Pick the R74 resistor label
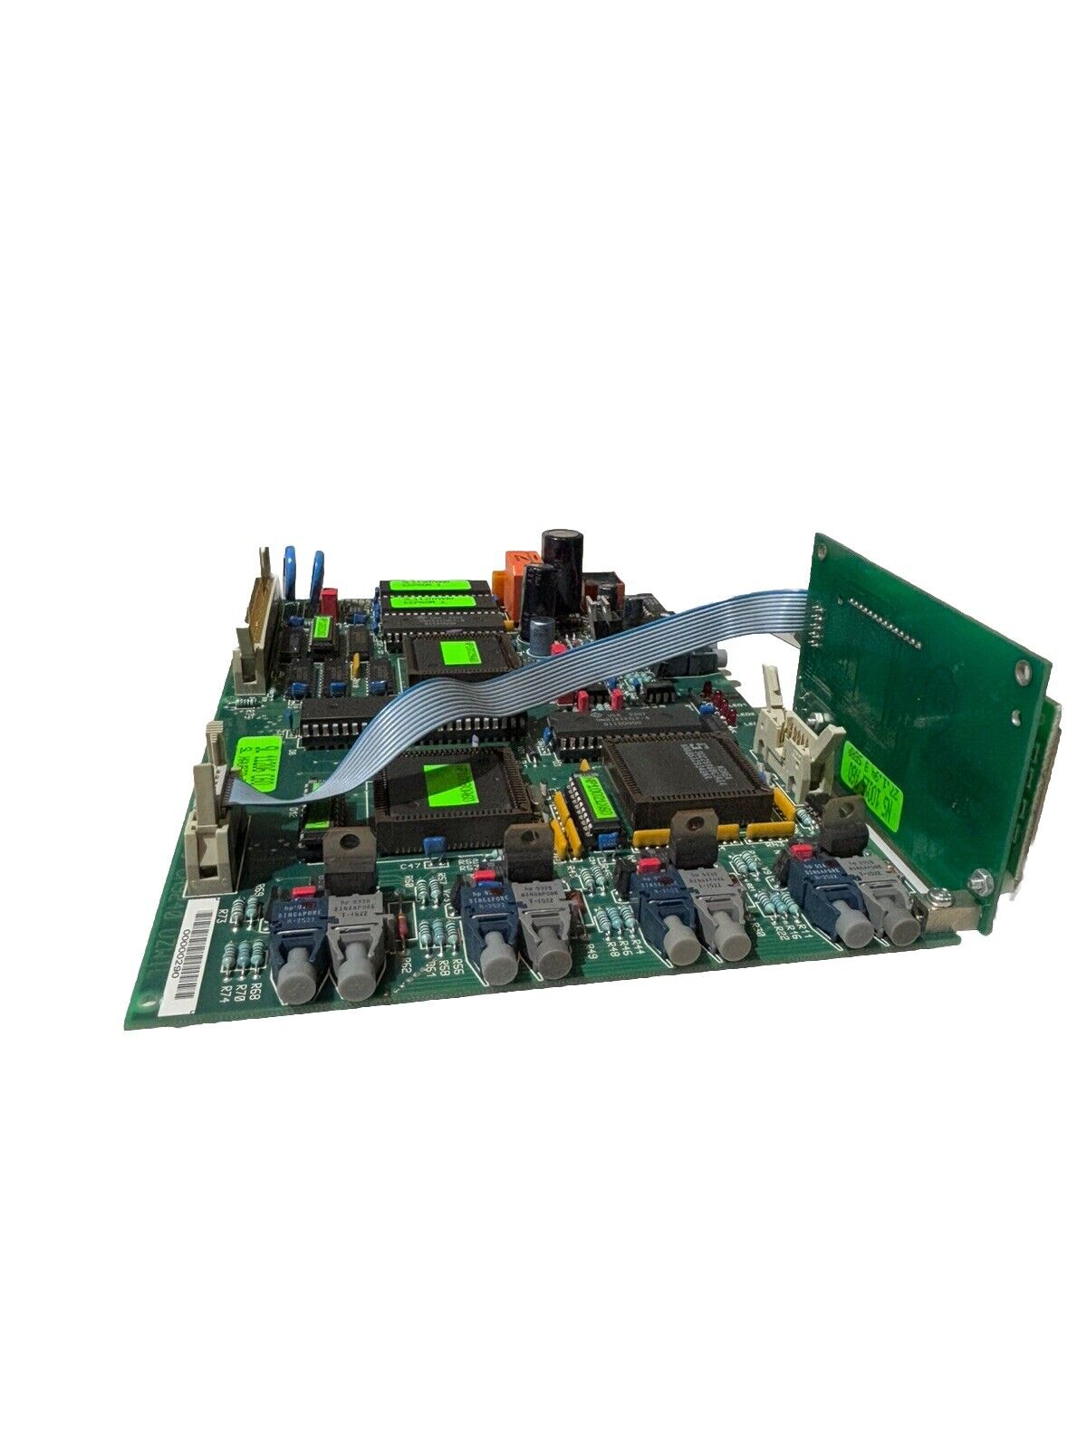coord(226,990)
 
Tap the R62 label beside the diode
coord(405,966)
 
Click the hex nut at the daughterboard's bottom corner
coord(977,878)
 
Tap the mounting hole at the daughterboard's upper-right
coord(1023,671)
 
